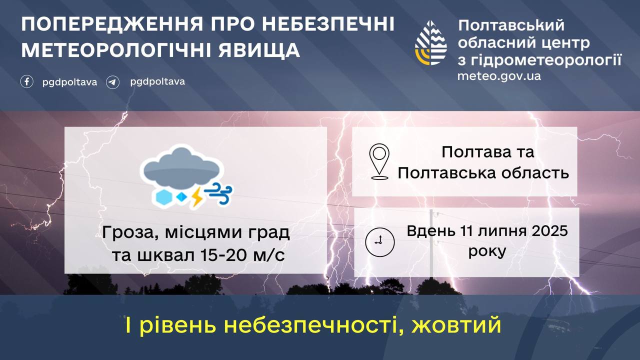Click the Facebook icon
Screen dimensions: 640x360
pos(27,81)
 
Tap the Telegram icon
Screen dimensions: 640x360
pos(113,82)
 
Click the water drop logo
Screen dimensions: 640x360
pos(431,43)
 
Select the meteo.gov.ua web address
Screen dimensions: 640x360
pos(499,76)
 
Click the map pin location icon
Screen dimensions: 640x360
pos(379,161)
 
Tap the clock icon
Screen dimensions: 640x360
pos(380,242)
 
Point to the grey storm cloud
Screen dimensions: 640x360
pos(181,168)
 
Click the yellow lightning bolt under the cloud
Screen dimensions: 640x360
pos(197,196)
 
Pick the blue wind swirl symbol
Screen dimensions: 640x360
pos(219,193)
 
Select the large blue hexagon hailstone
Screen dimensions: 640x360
pos(164,197)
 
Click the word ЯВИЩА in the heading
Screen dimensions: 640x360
pos(259,50)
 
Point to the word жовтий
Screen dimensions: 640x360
pos(456,325)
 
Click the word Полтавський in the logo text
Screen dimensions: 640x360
pos(511,25)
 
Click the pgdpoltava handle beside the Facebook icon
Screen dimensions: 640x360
pos(69,82)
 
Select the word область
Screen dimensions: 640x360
pos(535,173)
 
